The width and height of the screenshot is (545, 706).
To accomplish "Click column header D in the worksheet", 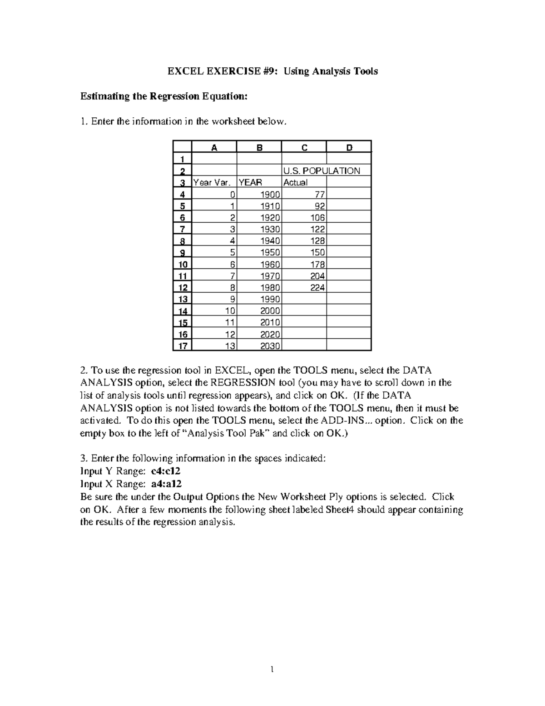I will (349, 147).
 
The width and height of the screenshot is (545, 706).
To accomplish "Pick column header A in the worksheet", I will (214, 147).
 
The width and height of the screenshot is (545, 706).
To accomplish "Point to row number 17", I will (182, 346).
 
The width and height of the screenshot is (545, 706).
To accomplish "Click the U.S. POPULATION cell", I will (322, 171).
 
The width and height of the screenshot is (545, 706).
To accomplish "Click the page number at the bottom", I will (272, 669).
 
